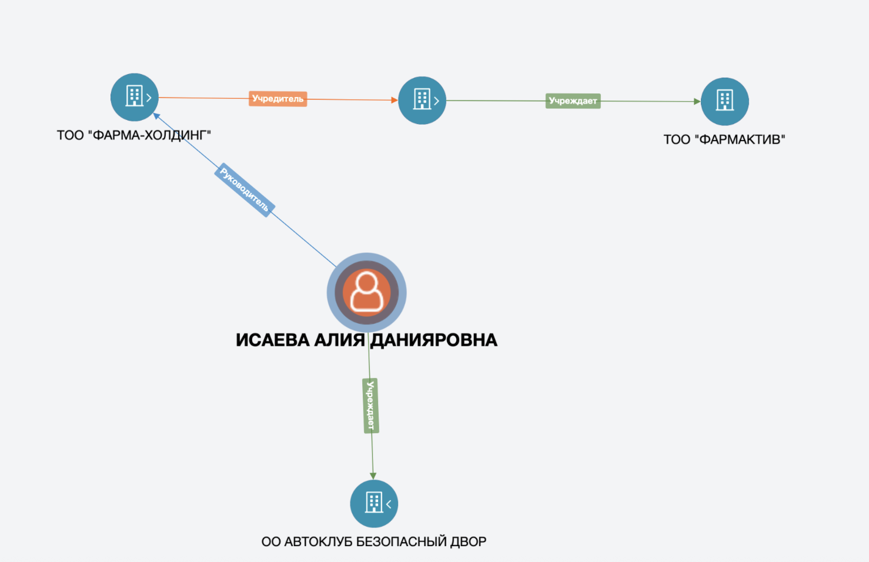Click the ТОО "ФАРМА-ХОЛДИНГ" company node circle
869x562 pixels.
[x=134, y=97]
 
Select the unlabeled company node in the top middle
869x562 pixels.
[x=422, y=101]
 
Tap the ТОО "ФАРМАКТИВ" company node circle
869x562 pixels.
[x=725, y=102]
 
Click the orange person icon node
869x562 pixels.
[x=367, y=292]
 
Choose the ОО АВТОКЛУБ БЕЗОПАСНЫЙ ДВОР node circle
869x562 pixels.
[x=374, y=503]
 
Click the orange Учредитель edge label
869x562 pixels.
[x=278, y=99]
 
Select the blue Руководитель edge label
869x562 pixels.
[x=245, y=190]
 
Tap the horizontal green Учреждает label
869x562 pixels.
[x=573, y=101]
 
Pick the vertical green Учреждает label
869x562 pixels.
[x=370, y=406]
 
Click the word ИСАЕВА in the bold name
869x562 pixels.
[x=273, y=340]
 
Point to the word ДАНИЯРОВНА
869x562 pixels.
[x=434, y=340]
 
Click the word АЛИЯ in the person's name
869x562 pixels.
[x=339, y=340]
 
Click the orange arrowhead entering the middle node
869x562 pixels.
[x=395, y=100]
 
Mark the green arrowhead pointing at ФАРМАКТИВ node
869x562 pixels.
[x=697, y=102]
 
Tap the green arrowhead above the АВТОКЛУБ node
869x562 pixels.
[x=373, y=476]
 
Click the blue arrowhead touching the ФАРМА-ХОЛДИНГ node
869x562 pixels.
[x=157, y=116]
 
